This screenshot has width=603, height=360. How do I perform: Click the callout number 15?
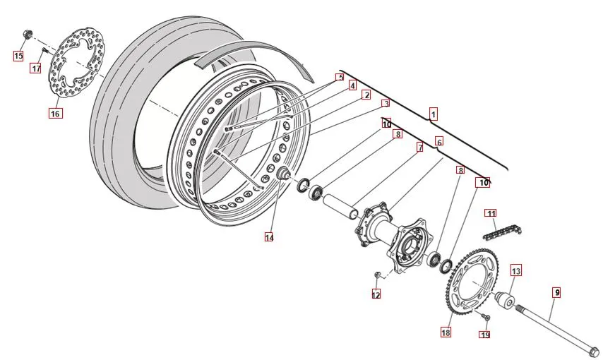coord(19,55)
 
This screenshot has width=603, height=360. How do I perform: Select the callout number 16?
coord(56,113)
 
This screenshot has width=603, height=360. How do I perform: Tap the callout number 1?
coord(434,113)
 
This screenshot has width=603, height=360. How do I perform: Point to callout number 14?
coord(269,237)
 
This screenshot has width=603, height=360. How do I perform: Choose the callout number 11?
coord(491,213)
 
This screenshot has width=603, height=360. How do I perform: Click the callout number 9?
coord(556,292)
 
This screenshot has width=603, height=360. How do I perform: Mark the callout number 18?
coord(446,332)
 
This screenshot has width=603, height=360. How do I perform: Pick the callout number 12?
coord(376,294)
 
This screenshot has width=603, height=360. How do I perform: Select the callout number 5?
coord(340,77)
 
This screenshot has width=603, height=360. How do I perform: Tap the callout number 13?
coord(516,270)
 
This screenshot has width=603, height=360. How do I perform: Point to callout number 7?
coord(419,148)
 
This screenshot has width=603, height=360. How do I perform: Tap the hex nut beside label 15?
coord(28,33)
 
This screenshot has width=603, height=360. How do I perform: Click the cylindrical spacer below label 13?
coord(506,303)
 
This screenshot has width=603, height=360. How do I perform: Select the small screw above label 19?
coord(484,318)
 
